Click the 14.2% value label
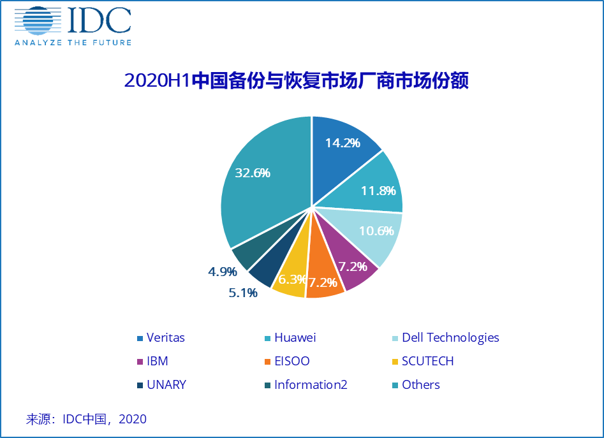click(343, 143)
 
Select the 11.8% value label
click(378, 190)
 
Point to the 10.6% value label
click(376, 231)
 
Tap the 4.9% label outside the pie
click(222, 272)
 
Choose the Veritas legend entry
click(165, 338)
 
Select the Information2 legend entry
click(310, 385)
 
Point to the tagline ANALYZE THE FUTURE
click(73, 43)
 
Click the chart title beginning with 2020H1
click(296, 82)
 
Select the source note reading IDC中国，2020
click(86, 419)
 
